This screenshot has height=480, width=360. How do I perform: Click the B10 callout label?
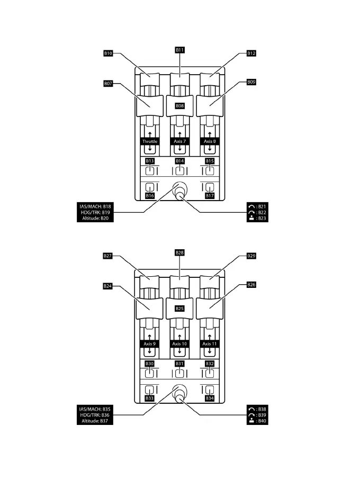click(108, 53)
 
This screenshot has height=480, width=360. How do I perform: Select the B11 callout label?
click(180, 49)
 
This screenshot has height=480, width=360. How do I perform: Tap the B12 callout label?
click(251, 53)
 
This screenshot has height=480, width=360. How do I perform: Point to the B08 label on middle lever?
click(180, 106)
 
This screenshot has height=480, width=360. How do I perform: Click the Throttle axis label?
click(150, 142)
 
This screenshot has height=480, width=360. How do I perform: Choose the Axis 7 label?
click(180, 142)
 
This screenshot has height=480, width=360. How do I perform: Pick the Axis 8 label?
click(210, 142)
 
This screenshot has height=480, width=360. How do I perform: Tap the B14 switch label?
click(180, 160)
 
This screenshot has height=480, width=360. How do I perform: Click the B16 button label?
click(150, 196)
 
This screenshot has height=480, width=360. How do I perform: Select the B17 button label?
click(210, 196)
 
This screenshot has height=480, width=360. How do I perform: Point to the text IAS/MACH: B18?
click(93, 206)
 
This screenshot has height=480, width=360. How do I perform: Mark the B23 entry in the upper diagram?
click(258, 218)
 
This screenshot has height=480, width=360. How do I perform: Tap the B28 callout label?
click(180, 252)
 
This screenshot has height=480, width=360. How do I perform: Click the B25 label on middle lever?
click(180, 308)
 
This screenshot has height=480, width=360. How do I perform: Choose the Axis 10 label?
click(180, 343)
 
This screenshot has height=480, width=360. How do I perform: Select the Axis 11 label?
click(210, 343)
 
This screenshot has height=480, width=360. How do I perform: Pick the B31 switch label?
click(180, 364)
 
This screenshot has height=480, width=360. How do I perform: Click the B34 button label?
click(210, 398)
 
